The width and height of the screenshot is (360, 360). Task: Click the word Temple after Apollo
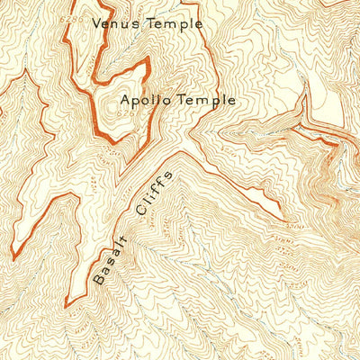207,101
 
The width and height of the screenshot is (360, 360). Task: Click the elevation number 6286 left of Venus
82,18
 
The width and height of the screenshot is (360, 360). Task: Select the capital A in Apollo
125,101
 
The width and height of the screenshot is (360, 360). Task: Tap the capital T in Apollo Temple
184,101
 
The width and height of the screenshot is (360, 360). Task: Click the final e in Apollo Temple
231,102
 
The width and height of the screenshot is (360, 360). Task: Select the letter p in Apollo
138,103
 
